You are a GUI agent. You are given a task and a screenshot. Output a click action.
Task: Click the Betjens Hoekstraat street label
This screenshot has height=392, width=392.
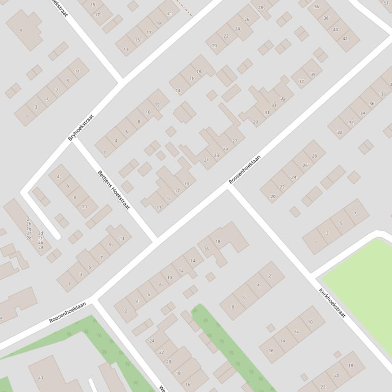click(x=114, y=190)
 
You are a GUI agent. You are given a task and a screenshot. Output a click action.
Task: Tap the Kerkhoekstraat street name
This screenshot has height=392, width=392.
click(x=332, y=303)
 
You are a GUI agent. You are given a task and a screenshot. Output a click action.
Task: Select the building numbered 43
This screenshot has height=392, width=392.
click(x=41, y=378)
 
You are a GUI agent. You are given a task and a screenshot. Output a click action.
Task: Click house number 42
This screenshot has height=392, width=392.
click(x=345, y=39)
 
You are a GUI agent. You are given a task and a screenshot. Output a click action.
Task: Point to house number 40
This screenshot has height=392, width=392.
click(x=335, y=30)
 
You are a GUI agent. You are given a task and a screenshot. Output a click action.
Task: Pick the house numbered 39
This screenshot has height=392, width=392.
click(x=313, y=74)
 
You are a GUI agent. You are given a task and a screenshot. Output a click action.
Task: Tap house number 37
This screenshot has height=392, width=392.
click(x=301, y=81)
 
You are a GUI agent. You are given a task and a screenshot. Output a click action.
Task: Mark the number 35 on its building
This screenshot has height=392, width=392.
click(x=283, y=98)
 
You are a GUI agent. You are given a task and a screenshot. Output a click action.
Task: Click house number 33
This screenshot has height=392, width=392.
click(x=274, y=106)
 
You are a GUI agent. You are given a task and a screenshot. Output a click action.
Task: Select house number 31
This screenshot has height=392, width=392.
click(x=267, y=113)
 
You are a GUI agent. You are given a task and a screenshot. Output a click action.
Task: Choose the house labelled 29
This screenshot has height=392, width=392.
click(x=255, y=122)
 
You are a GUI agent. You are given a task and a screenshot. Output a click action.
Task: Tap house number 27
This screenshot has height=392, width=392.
click(x=234, y=141)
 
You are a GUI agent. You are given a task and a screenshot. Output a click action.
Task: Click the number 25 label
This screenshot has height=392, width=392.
click(x=225, y=148)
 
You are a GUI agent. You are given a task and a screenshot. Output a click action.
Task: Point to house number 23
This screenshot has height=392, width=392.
click(x=216, y=155)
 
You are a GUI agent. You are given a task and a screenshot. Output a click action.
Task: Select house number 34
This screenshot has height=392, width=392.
click(x=362, y=113)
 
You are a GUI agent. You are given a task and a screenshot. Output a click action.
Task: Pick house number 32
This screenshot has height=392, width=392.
click(x=351, y=123)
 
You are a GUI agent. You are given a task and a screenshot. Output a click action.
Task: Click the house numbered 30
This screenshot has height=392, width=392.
click(x=339, y=132)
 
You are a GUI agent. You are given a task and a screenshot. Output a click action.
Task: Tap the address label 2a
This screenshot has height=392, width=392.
click(x=41, y=247)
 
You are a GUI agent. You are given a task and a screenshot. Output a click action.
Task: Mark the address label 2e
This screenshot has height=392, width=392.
click(x=29, y=238)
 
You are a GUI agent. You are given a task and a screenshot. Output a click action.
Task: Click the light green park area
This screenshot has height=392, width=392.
click(x=362, y=285)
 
